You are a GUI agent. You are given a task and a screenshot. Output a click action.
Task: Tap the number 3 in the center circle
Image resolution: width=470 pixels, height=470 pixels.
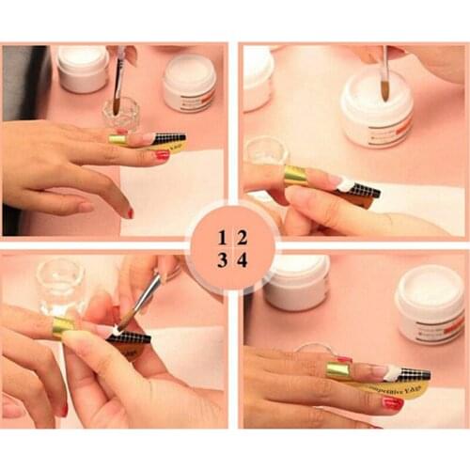click(x=222, y=260)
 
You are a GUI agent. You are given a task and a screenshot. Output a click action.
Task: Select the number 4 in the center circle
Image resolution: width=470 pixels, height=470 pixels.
click(x=242, y=260)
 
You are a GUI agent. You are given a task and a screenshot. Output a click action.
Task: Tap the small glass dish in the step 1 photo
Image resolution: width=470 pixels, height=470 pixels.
click(x=120, y=115)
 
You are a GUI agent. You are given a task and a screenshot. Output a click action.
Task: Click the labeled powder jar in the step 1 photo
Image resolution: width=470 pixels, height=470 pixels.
click(x=189, y=83)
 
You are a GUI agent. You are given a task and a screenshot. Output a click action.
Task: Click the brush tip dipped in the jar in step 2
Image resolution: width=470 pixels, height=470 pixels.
click(x=386, y=90)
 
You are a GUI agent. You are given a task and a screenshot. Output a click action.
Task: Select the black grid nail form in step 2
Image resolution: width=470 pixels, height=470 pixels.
click(x=362, y=193)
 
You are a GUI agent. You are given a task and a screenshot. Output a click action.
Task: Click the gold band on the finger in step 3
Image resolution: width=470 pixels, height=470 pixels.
click(x=63, y=326)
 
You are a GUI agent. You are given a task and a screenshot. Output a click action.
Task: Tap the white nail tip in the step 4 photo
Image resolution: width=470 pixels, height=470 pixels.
click(x=391, y=373)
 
